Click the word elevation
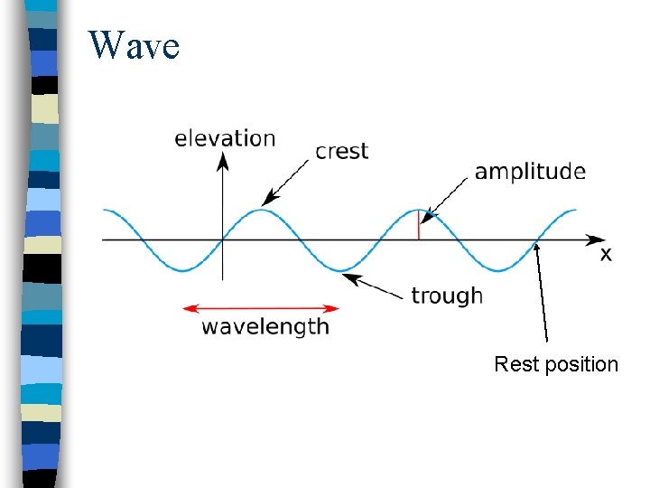[225, 138]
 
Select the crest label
[341, 150]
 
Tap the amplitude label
[530, 172]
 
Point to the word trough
[446, 296]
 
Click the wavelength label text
[265, 326]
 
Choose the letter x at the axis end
[606, 255]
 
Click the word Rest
[515, 364]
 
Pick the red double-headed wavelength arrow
[261, 308]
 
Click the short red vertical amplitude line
[418, 225]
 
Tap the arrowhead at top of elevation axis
[223, 161]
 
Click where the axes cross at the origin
[223, 239]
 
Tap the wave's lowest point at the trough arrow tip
[340, 269]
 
